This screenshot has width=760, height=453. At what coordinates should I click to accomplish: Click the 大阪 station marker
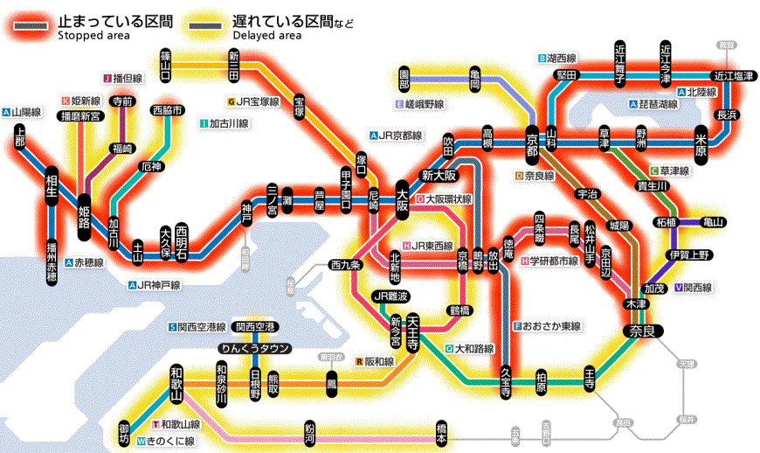point(403,199)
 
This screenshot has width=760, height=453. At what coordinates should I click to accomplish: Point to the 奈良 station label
point(644,331)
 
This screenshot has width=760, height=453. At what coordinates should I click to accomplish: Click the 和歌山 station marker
point(176,382)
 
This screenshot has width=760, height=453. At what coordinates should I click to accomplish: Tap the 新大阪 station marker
point(439,175)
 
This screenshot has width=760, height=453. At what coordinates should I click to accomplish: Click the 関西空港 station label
point(255,327)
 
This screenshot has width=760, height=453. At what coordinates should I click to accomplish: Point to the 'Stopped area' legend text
point(93,36)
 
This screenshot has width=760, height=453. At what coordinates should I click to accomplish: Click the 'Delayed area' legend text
point(267,36)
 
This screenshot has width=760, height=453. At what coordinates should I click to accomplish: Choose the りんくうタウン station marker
point(254,348)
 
